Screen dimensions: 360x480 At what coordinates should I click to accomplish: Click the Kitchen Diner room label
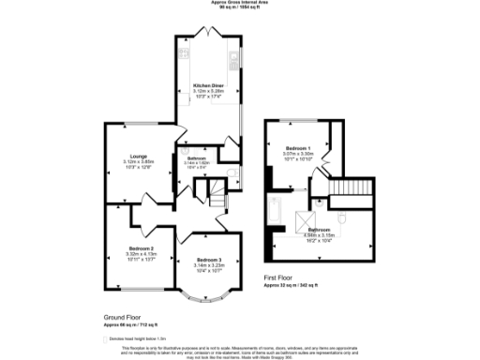click(x=206, y=83)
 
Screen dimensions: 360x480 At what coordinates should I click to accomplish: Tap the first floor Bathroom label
click(x=319, y=229)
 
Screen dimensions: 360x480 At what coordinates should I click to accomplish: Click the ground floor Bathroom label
click(x=196, y=158)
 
